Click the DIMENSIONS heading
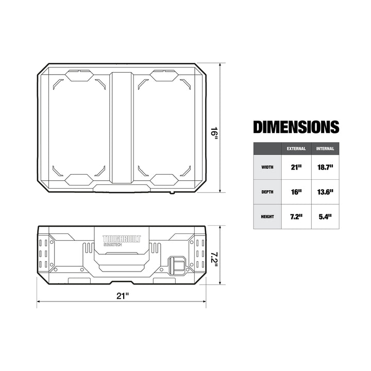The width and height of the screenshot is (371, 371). click(x=296, y=127)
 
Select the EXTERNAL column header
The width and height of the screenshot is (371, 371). click(x=296, y=148)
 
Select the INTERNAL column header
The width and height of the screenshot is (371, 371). click(x=326, y=148)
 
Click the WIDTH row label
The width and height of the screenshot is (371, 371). click(x=267, y=167)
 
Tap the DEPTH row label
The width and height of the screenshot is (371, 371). click(x=267, y=192)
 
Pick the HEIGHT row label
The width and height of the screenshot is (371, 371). click(x=267, y=216)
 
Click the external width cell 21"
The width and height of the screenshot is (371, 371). click(x=296, y=167)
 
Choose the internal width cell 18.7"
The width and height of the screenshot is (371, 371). click(x=326, y=167)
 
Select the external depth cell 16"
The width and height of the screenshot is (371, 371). click(x=296, y=192)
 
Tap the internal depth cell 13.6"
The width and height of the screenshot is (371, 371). click(x=326, y=192)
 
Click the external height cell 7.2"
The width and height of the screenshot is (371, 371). click(x=296, y=216)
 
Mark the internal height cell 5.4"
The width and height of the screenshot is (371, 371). click(x=326, y=216)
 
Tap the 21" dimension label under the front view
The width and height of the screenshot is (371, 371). click(x=122, y=295)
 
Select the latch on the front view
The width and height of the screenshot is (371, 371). click(x=178, y=265)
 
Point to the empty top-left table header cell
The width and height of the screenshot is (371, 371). click(x=267, y=148)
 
